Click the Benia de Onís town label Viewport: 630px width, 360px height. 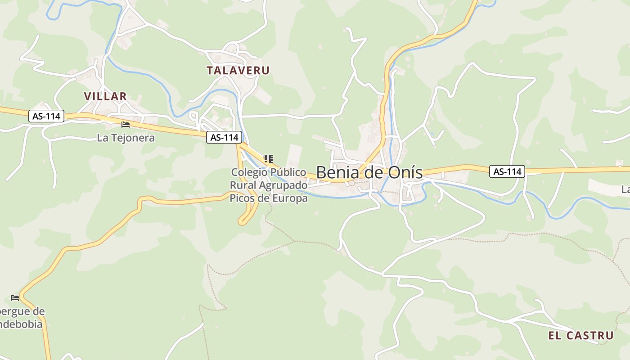(369, 172)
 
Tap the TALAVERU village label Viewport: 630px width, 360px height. (238, 71)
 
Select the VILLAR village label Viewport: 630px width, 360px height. (105, 96)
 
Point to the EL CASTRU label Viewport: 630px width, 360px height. (580, 335)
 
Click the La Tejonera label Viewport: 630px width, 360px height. (126, 138)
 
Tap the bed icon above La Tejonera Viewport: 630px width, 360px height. (126, 124)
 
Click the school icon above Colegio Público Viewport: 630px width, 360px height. (269, 158)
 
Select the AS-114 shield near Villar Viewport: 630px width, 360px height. (47, 116)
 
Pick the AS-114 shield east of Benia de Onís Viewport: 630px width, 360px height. (507, 171)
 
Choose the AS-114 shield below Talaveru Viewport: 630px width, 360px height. (224, 138)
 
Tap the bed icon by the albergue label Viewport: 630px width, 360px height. (15, 298)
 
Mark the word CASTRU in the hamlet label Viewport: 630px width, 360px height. (590, 335)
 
